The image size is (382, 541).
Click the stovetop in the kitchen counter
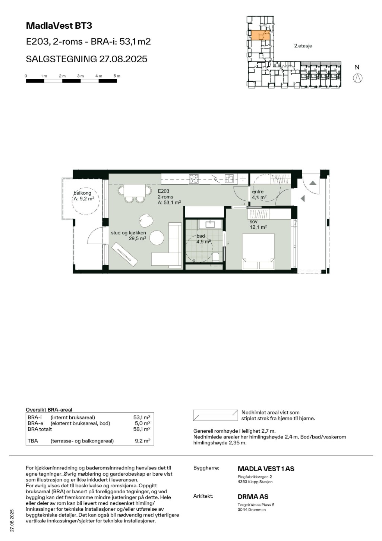[x=194, y=179]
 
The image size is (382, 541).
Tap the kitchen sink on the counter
[x=229, y=178]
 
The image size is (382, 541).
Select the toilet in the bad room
[x=216, y=257]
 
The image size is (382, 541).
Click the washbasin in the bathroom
[x=211, y=224]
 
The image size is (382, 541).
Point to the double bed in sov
[x=259, y=251]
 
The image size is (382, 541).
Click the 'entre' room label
[x=258, y=192]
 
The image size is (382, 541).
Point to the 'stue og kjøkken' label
[x=128, y=233]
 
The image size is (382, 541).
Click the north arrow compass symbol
[x=358, y=78]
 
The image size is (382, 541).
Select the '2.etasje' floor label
[x=303, y=46]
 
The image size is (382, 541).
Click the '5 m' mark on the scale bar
[x=117, y=76]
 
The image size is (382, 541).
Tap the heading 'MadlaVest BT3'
[x=59, y=26]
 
